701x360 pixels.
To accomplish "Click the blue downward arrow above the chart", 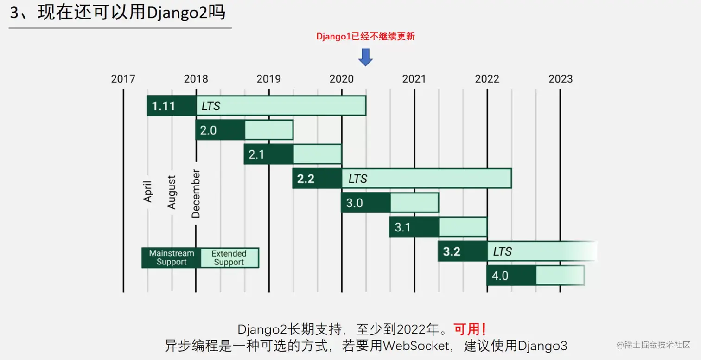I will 365,57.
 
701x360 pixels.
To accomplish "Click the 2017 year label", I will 123,79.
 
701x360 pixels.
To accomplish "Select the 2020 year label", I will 342,79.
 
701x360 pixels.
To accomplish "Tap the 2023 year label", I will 560,79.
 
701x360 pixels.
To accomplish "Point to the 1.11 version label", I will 164,106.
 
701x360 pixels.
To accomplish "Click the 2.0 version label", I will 208,130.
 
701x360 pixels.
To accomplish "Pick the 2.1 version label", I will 256,154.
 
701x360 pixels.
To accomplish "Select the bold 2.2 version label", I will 306,179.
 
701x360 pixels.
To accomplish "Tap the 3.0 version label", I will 354,203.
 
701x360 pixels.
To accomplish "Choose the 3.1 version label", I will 402,227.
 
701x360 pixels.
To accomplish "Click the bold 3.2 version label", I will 452,251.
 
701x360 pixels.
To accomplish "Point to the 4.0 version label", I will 500,276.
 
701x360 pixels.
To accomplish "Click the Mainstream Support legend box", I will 172,257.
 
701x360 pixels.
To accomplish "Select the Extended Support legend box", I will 229,257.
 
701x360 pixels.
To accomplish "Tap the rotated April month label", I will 148,191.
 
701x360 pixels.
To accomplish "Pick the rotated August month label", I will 172,192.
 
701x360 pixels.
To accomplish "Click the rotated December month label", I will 196,194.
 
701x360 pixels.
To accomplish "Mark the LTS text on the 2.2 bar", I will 358,179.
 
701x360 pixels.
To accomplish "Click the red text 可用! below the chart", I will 470,329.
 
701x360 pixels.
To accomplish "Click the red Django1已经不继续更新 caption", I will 365,37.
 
